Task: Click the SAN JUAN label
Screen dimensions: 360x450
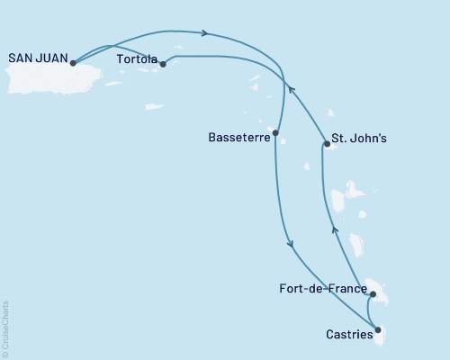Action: [35, 57]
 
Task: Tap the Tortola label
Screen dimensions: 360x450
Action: [137, 57]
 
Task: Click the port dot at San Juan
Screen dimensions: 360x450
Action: [73, 64]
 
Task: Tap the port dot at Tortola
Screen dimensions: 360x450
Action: [163, 64]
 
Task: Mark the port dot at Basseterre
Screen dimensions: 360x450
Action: [275, 133]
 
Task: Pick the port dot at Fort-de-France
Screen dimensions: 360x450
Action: [373, 293]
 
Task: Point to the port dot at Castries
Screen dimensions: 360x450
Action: [378, 329]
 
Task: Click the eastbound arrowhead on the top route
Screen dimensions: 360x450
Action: [206, 34]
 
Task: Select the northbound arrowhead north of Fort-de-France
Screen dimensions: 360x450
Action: [334, 229]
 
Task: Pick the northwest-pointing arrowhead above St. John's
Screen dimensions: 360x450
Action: [291, 87]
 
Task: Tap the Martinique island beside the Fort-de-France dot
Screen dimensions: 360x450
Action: [380, 293]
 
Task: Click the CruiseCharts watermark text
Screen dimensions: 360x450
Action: [5, 328]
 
